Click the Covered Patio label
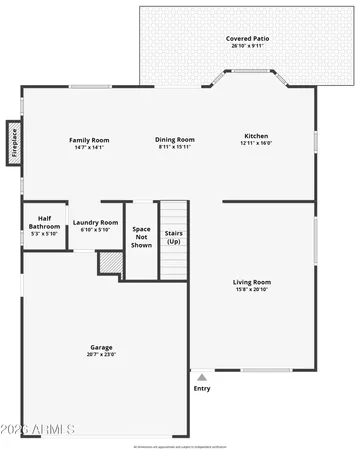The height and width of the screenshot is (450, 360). (247, 39)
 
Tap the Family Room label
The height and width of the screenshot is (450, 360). (89, 139)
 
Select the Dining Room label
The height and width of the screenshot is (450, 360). (175, 139)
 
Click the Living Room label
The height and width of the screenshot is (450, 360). (253, 282)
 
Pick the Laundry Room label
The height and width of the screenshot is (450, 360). (96, 222)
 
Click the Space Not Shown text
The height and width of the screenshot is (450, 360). (142, 236)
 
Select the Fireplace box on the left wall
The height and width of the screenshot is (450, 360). (14, 141)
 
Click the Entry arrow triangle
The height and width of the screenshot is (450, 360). (202, 378)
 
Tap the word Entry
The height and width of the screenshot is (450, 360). (202, 389)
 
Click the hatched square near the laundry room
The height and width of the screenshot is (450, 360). (108, 262)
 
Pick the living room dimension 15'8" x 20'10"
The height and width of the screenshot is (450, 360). (253, 291)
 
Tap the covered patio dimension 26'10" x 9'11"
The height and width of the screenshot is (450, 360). (247, 46)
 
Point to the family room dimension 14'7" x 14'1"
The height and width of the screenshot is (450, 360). (89, 147)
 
